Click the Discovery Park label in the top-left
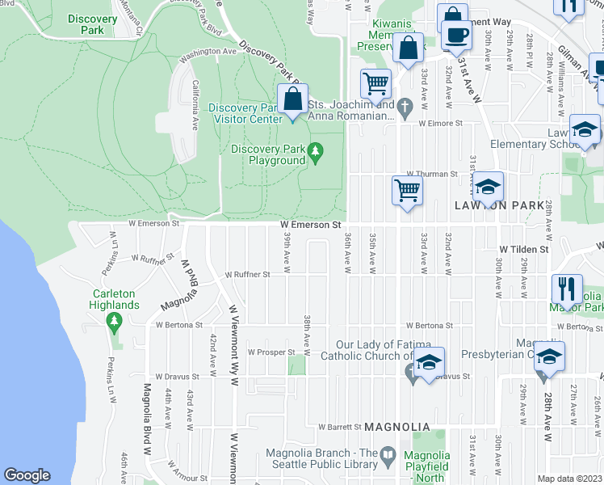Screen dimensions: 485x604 point(93,24)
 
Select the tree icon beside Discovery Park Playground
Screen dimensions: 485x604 point(316,150)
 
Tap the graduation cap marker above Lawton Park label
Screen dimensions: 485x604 point(488,188)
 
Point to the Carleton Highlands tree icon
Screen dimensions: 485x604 point(114,322)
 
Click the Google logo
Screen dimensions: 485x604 point(27,475)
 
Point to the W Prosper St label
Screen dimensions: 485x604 point(271,352)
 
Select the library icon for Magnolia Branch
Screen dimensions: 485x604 point(388,454)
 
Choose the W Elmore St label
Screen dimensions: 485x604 point(439,124)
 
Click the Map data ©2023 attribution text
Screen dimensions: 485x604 point(569,479)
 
